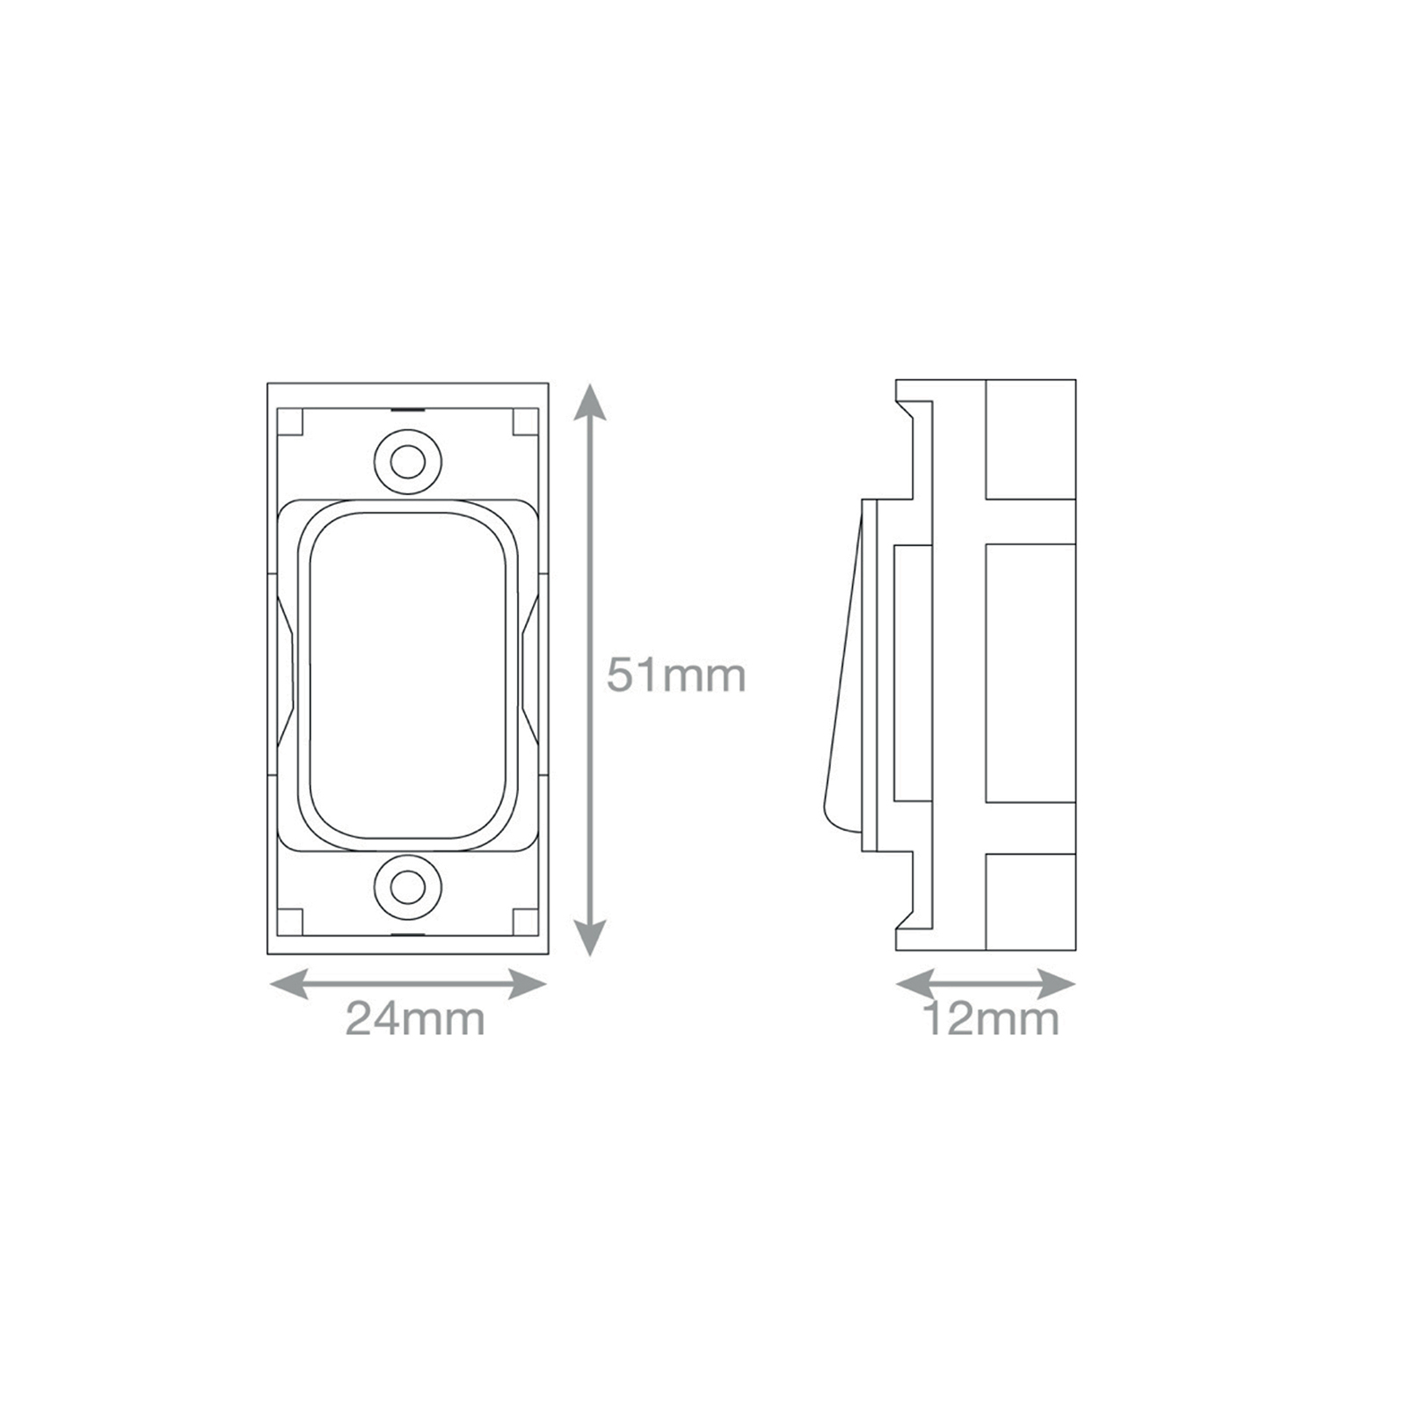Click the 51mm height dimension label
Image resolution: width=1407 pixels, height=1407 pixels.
click(x=676, y=675)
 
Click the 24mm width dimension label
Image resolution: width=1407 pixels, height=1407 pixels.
click(x=415, y=1019)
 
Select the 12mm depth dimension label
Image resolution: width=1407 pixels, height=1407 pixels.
click(x=990, y=1019)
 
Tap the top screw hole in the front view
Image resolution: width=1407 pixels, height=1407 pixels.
click(x=407, y=461)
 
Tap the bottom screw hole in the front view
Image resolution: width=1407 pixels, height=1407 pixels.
click(x=407, y=889)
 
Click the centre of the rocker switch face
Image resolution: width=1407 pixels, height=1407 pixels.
click(x=408, y=674)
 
